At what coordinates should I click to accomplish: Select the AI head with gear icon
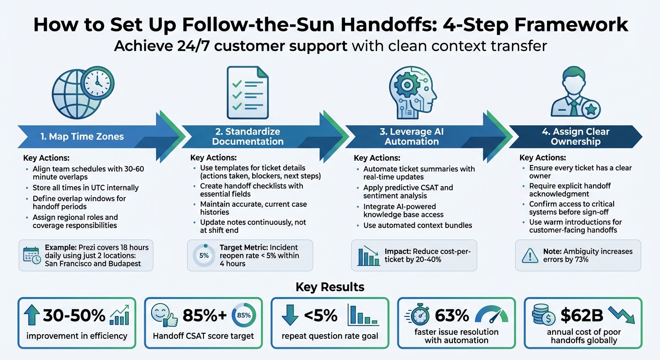[412, 91]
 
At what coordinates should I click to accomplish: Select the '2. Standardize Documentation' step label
[247, 136]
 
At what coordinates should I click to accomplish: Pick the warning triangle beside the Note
[531, 256]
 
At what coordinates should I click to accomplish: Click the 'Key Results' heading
[330, 286]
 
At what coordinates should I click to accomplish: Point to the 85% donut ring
[244, 315]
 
